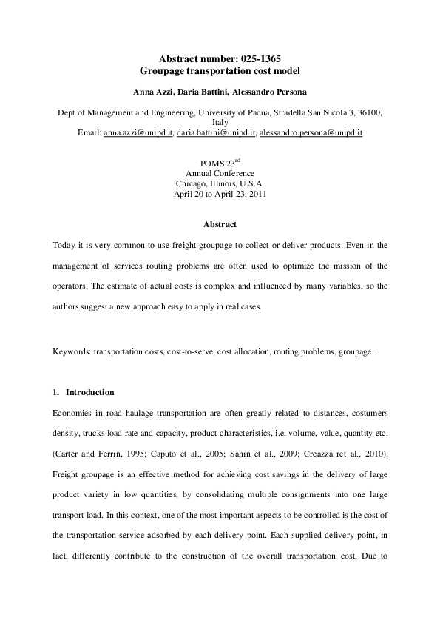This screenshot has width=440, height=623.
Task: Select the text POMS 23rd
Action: coord(220,163)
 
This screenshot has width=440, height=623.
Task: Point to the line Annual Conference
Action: coord(220,173)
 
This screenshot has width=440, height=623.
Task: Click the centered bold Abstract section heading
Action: coord(220,224)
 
